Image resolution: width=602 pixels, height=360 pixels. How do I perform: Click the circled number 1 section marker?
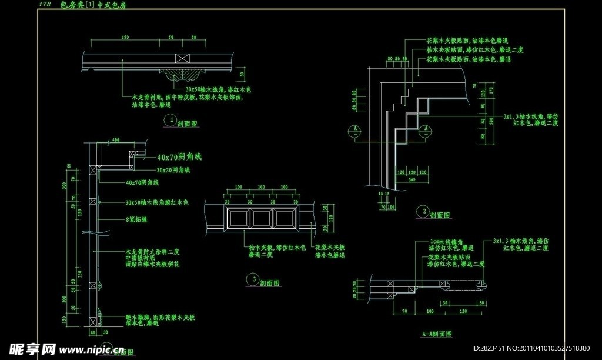click(170, 119)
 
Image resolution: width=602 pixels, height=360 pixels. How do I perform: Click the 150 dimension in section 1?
click(125, 37)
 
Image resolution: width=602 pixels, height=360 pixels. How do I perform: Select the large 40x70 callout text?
click(179, 157)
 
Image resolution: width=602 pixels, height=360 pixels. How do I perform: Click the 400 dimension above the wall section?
click(115, 139)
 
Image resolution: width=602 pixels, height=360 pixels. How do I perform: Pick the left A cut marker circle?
click(356, 131)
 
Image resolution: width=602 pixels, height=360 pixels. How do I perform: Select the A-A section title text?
click(437, 334)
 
